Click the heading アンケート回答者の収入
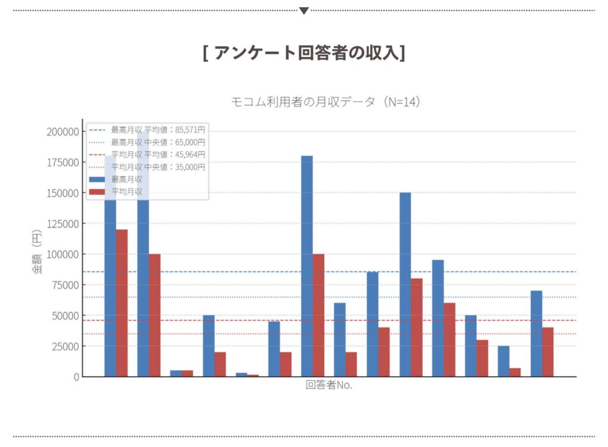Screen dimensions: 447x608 click(303, 53)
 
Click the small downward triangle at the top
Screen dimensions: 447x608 click(304, 11)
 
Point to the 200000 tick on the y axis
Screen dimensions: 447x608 click(62, 131)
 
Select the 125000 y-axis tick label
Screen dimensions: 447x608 click(62, 223)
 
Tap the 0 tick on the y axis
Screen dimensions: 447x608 click(75, 377)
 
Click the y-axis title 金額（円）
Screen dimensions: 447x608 click(37, 254)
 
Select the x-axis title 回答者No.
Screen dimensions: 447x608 click(329, 385)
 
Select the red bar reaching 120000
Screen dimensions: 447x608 click(122, 303)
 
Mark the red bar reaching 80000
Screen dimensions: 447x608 click(417, 328)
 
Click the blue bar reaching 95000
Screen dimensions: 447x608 click(438, 318)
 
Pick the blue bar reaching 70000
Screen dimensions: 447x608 click(536, 333)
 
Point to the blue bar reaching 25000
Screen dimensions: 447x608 click(503, 361)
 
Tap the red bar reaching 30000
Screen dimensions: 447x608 click(482, 358)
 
